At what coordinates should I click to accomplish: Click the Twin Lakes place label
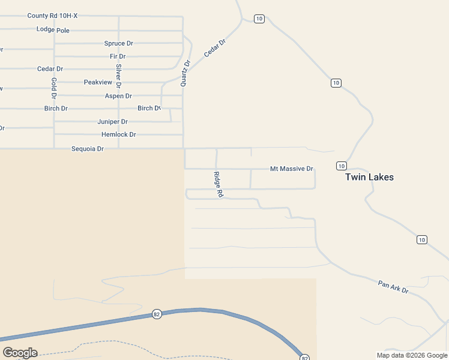(x=369, y=177)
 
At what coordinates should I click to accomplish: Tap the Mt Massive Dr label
(x=292, y=169)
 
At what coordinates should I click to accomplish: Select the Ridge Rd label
(x=218, y=185)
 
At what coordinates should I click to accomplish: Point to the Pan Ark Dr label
(x=393, y=287)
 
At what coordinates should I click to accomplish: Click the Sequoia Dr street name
(x=88, y=149)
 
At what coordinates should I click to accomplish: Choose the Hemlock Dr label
(x=119, y=134)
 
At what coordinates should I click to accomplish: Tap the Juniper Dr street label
(x=113, y=121)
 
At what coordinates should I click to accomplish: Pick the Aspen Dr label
(x=118, y=96)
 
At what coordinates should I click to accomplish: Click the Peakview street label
(x=98, y=82)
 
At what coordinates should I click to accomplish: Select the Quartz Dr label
(x=185, y=73)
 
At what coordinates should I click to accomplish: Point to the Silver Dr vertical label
(x=119, y=76)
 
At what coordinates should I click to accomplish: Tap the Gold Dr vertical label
(x=53, y=88)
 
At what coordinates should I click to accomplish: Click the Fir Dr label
(x=118, y=56)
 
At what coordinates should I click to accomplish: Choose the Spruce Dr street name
(x=119, y=43)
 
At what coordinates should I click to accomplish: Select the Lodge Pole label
(x=53, y=29)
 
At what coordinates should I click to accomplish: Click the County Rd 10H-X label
(x=53, y=16)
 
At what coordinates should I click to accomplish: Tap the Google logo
(x=20, y=353)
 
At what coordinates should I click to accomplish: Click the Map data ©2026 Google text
(x=412, y=355)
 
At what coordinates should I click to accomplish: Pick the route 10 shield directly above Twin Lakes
(x=341, y=166)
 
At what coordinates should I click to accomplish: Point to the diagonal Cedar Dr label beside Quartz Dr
(x=214, y=48)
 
